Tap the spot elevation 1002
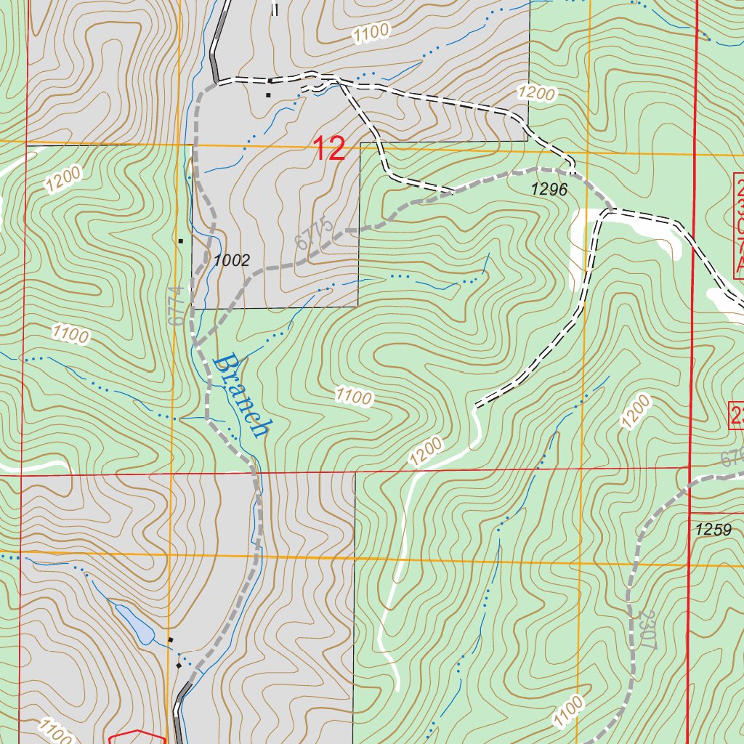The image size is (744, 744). [x=232, y=260]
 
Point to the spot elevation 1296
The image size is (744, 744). [x=549, y=190]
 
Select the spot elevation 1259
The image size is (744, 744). [x=713, y=529]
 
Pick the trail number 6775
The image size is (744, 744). [x=315, y=232]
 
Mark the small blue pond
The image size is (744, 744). [x=137, y=624]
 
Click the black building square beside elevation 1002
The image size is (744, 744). [x=181, y=240]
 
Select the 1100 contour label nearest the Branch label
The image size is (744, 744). [x=354, y=397]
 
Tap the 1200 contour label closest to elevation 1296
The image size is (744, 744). [x=536, y=93]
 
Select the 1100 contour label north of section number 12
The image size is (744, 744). [x=371, y=33]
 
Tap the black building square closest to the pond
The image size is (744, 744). [x=171, y=639]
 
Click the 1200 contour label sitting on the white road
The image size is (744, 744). [x=424, y=451]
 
